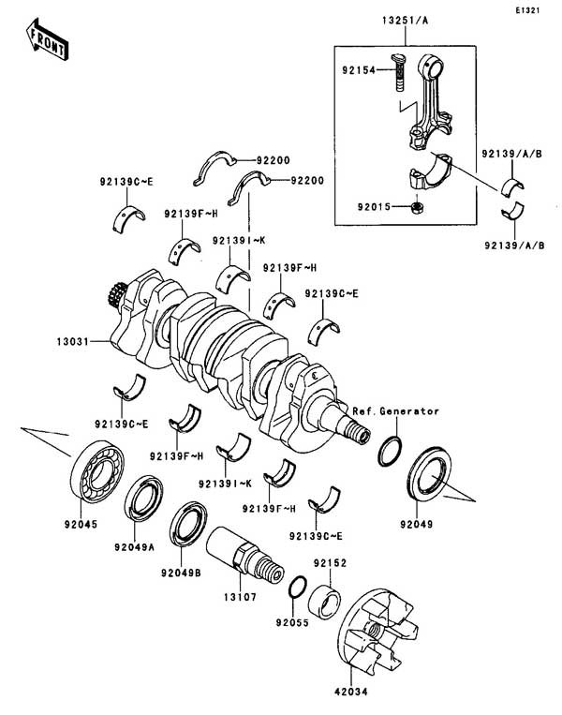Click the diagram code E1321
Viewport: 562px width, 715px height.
[x=528, y=12]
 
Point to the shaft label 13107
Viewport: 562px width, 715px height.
[x=250, y=594]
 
